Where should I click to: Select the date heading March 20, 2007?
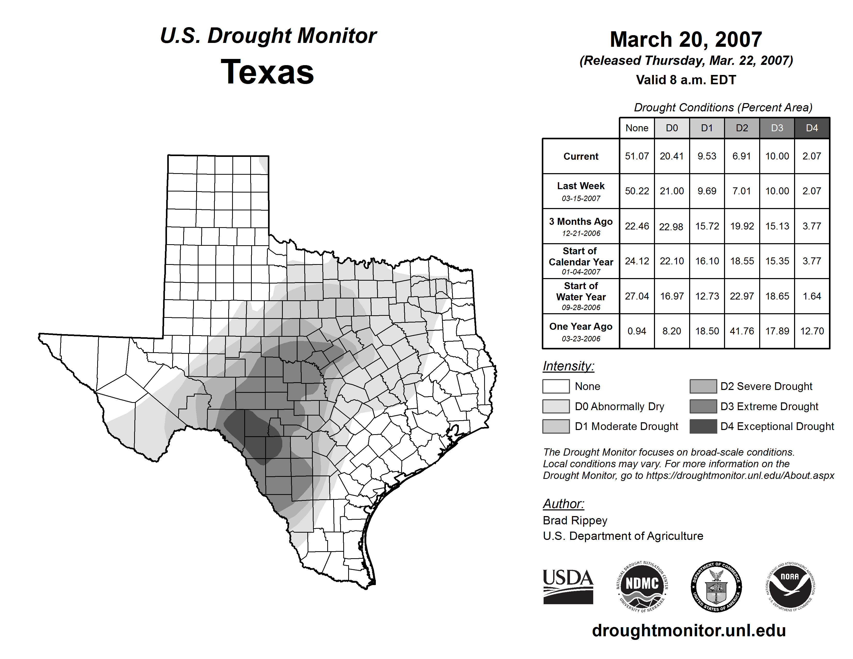tap(686, 40)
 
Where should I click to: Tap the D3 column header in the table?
tap(777, 128)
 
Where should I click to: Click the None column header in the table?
tap(637, 128)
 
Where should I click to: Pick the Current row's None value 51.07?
tap(637, 156)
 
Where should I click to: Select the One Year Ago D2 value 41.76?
tap(742, 331)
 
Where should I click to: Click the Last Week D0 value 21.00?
tap(672, 191)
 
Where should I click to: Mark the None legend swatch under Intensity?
tap(556, 386)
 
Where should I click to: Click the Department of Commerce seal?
tap(716, 586)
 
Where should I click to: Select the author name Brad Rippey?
tap(575, 520)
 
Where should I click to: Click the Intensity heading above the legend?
tap(568, 366)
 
